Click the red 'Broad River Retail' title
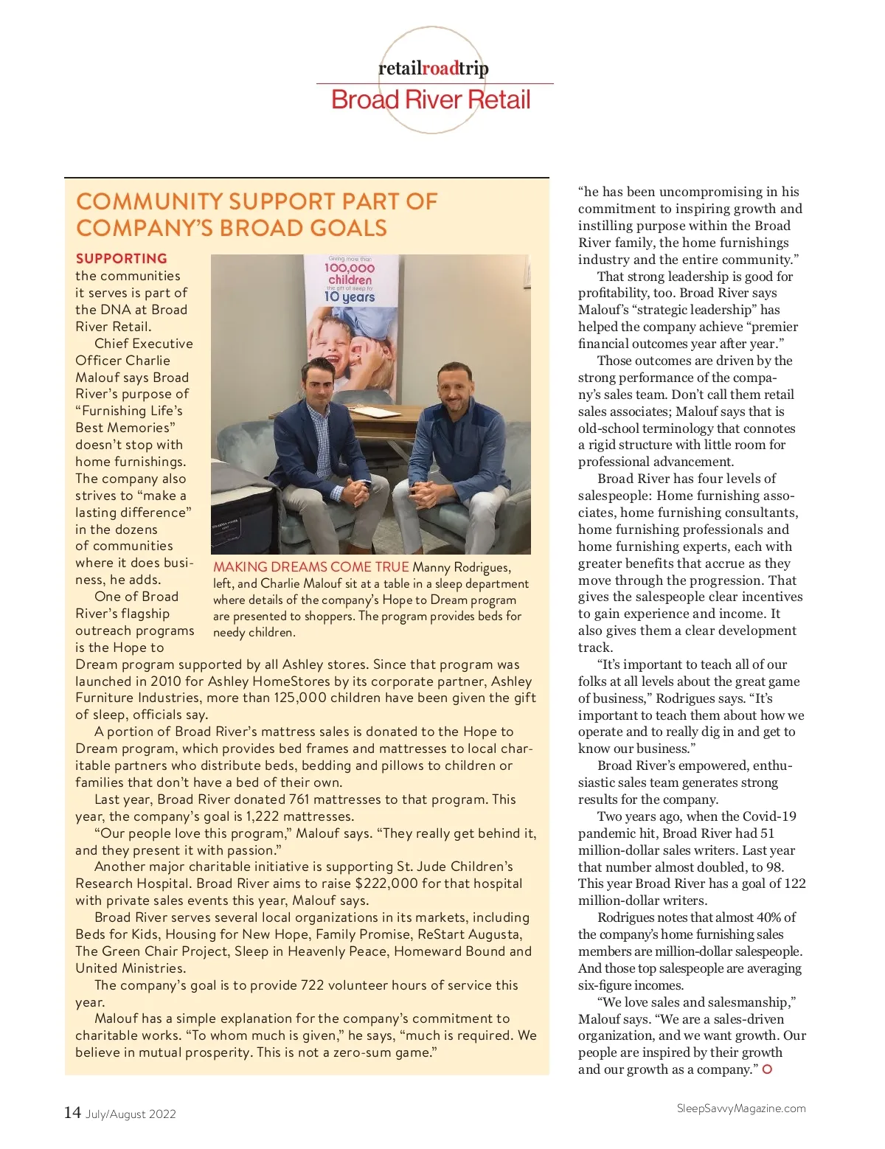(431, 100)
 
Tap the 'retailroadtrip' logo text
(433, 69)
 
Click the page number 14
(72, 1112)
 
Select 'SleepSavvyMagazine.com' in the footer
(741, 1108)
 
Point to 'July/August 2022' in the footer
(131, 1114)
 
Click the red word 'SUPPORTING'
(122, 258)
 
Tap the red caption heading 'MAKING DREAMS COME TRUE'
(310, 566)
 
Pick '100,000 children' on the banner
(350, 274)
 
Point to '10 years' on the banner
(350, 296)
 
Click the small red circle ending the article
(767, 1069)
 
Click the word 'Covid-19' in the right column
(771, 816)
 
